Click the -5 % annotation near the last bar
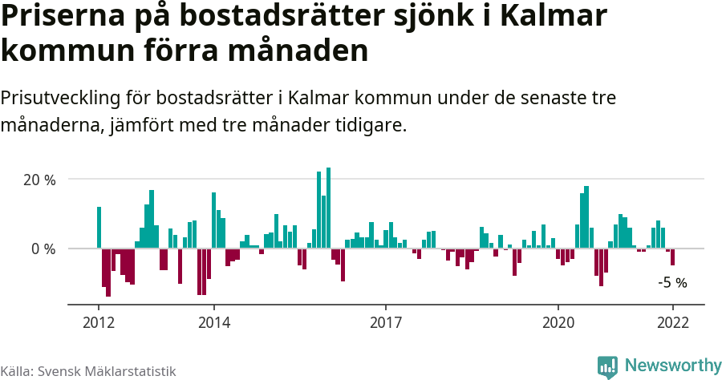[x=672, y=282]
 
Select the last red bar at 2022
[x=672, y=257]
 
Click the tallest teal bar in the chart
[x=329, y=208]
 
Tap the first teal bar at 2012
[x=99, y=228]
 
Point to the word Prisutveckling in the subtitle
[x=60, y=98]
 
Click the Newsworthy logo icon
[x=607, y=366]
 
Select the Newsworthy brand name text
[x=672, y=366]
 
